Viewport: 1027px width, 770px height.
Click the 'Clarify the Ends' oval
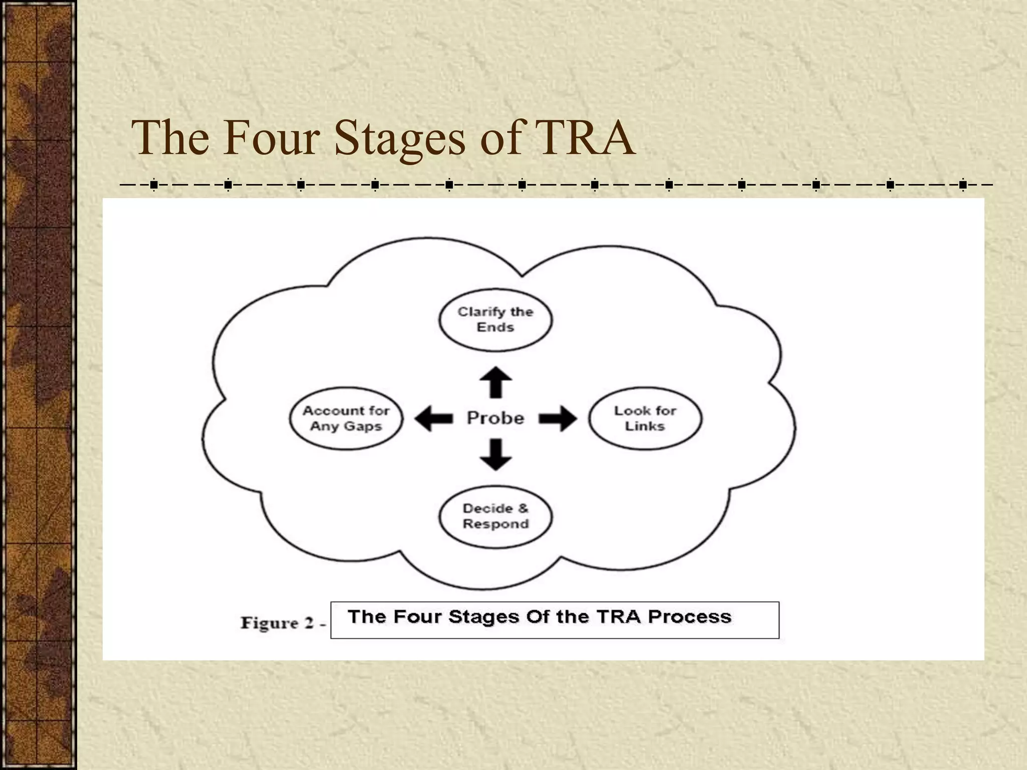pyautogui.click(x=495, y=319)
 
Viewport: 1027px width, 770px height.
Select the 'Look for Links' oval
pyautogui.click(x=645, y=418)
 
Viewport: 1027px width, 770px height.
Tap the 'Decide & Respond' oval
pyautogui.click(x=495, y=516)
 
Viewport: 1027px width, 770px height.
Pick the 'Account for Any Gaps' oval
pyautogui.click(x=346, y=418)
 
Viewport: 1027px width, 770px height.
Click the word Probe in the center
pyautogui.click(x=495, y=418)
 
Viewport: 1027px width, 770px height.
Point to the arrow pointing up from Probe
pyautogui.click(x=495, y=382)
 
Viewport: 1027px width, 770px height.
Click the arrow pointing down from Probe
pyautogui.click(x=495, y=454)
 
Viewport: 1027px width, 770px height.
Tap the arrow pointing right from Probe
pyautogui.click(x=558, y=418)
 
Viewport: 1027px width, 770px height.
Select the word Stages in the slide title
pyautogui.click(x=400, y=137)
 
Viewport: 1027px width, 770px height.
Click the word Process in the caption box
pyautogui.click(x=690, y=617)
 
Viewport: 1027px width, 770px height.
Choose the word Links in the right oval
pyautogui.click(x=645, y=426)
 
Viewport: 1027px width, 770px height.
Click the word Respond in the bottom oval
pyautogui.click(x=495, y=524)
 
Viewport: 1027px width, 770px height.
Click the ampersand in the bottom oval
pyautogui.click(x=523, y=508)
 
